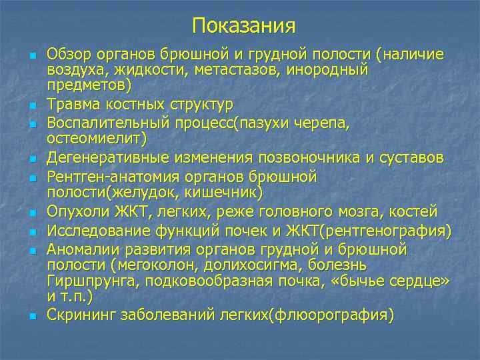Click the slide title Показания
pyautogui.click(x=243, y=27)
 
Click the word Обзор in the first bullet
pyautogui.click(x=68, y=53)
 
